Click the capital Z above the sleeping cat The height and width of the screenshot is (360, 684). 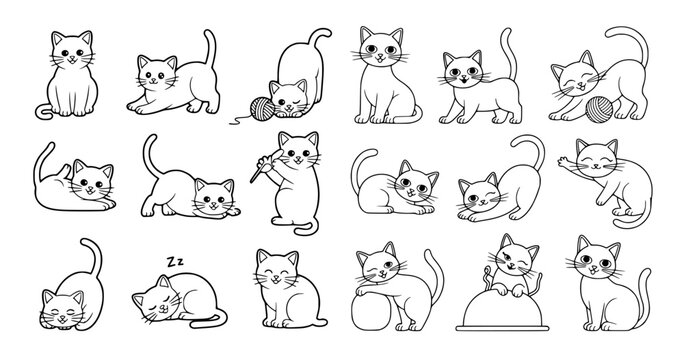tap(171, 262)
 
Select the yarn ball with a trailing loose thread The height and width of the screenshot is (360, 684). tap(262, 109)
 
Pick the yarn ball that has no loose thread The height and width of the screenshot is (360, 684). tap(599, 109)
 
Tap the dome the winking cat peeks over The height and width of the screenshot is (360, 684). tap(502, 311)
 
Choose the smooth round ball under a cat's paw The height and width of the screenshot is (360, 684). tap(372, 311)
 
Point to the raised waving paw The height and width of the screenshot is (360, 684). tap(564, 162)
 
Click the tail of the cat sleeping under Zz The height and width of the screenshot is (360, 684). tap(209, 321)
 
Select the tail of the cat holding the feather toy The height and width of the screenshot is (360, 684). tap(305, 227)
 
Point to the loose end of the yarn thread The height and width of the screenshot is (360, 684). tap(231, 123)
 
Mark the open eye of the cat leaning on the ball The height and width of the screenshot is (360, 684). tap(387, 264)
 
